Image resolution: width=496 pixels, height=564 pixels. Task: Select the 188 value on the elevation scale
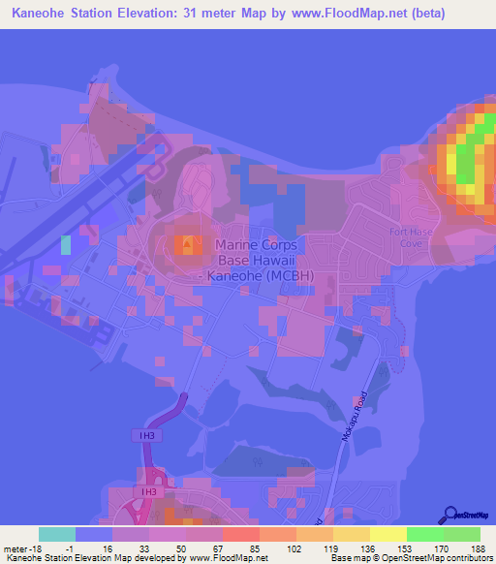click(x=478, y=548)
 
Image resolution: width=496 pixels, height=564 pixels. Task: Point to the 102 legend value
click(x=277, y=548)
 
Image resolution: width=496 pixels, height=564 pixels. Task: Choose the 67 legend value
click(x=203, y=548)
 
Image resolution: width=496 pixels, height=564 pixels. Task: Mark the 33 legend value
click(x=130, y=548)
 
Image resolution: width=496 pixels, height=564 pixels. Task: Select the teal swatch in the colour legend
click(x=57, y=534)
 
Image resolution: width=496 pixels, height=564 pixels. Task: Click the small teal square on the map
click(x=65, y=244)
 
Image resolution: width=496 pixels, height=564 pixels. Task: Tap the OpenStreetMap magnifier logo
click(x=451, y=515)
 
